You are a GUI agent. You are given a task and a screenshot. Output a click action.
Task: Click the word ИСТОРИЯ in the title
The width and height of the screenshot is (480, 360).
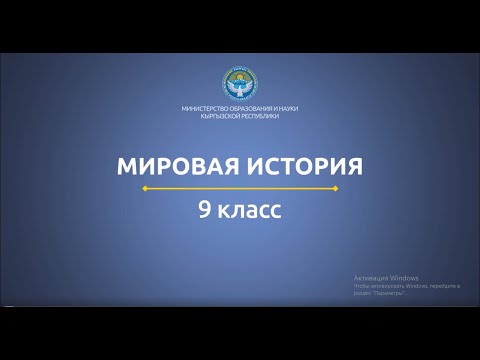pyautogui.click(x=299, y=165)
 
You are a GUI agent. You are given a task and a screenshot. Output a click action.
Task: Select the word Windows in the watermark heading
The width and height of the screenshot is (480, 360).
pyautogui.click(x=404, y=277)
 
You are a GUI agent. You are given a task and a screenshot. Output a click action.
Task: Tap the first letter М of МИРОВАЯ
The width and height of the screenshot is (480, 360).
pyautogui.click(x=125, y=165)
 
